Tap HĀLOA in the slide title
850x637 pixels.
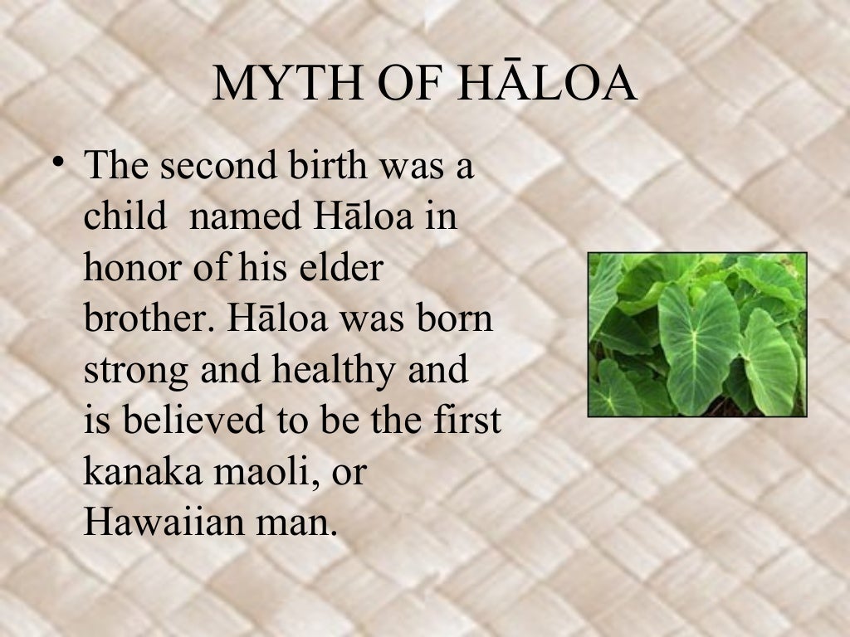coord(547,85)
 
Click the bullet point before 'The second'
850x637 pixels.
coord(57,163)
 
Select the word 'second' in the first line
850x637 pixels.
coord(212,166)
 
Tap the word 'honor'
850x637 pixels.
coord(132,269)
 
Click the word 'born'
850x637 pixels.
coord(456,320)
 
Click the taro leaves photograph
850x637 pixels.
coord(697,334)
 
